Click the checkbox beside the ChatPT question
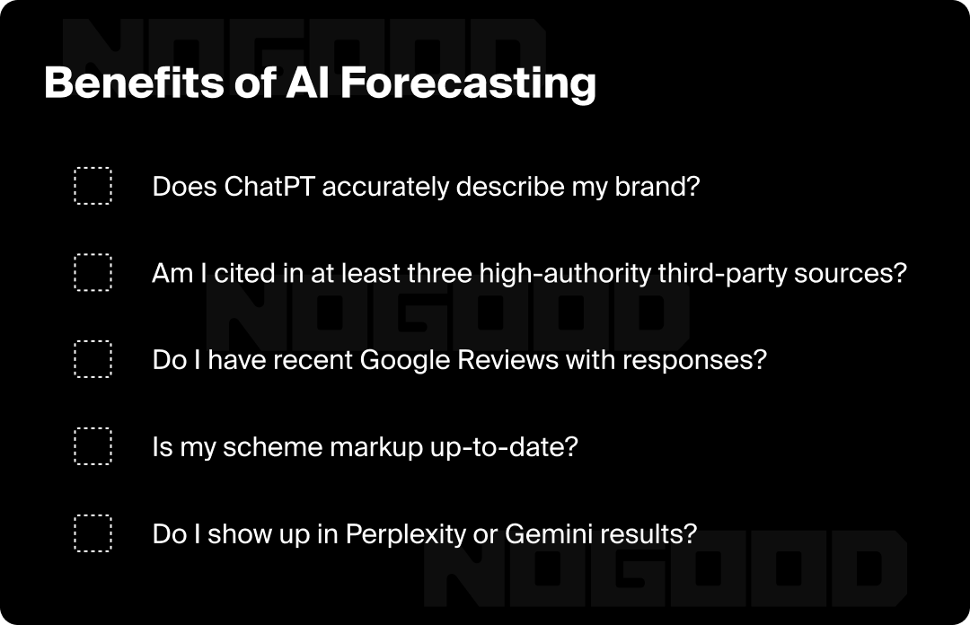[93, 186]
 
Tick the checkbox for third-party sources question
[93, 272]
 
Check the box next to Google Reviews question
[93, 359]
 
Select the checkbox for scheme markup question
[93, 446]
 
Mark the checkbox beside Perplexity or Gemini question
[93, 533]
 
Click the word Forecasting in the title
[468, 84]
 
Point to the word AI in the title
[307, 83]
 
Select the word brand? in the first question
[657, 186]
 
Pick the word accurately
[385, 187]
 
